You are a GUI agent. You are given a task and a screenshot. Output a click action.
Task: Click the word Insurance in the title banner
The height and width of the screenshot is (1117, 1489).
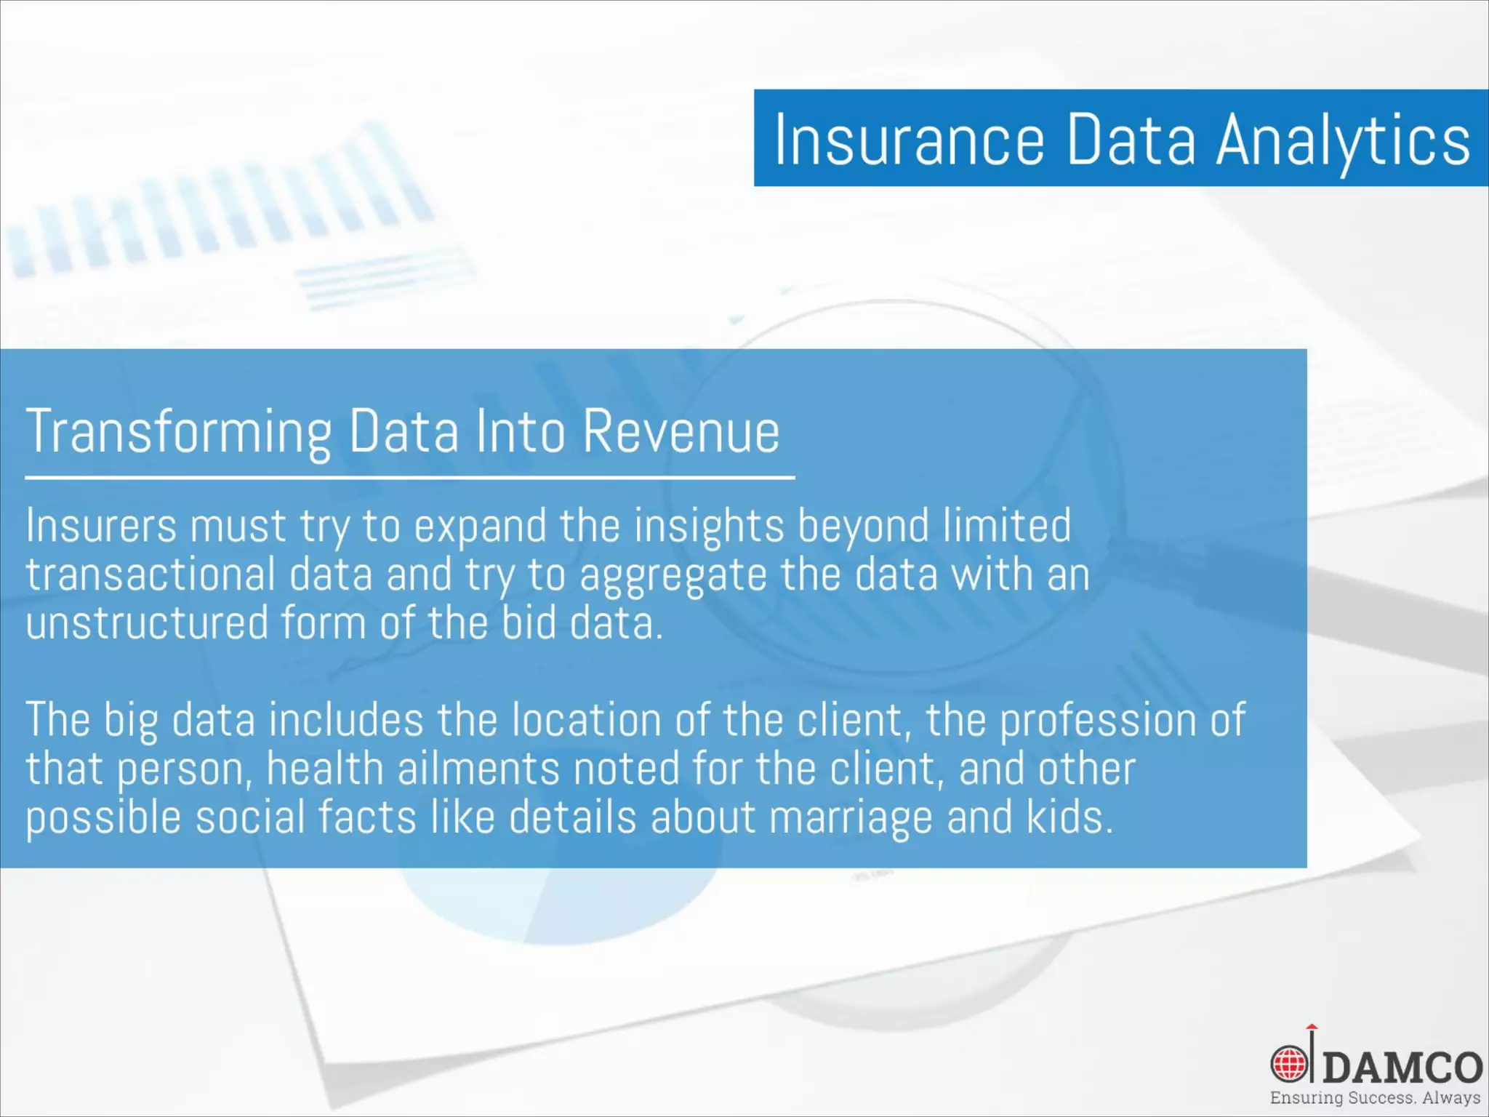(909, 140)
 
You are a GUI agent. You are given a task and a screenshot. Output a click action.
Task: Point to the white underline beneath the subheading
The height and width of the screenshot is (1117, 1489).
(409, 478)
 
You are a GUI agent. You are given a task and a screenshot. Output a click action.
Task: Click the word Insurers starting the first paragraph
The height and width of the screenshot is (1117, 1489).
(101, 526)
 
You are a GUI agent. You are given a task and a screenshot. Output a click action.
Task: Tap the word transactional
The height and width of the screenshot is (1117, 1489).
(150, 574)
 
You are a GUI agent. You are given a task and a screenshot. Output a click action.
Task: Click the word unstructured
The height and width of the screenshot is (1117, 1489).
(147, 623)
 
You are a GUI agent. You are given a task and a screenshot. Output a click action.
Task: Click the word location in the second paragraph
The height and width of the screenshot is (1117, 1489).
(586, 720)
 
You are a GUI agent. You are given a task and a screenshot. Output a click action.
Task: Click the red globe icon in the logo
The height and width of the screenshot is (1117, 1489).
(1290, 1065)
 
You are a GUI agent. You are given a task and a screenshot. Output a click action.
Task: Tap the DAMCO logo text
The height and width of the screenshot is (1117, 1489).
(1402, 1068)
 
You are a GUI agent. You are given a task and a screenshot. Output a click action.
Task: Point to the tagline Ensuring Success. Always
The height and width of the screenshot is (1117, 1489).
(1374, 1098)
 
